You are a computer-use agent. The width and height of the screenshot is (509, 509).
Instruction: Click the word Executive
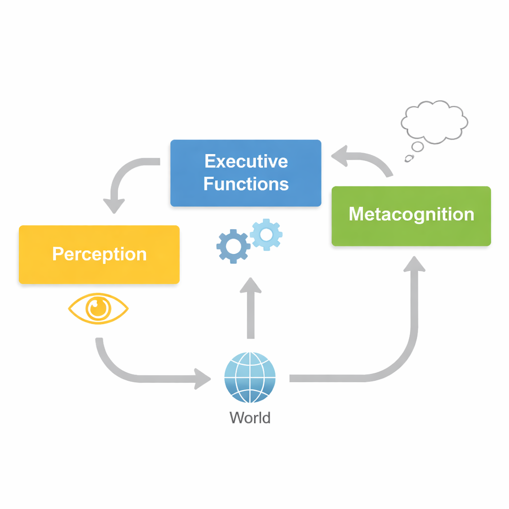(x=246, y=162)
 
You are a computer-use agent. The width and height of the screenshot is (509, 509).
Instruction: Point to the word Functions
(x=246, y=184)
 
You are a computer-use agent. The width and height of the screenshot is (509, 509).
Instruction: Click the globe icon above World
(x=250, y=377)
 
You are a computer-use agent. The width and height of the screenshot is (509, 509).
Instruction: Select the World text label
(x=250, y=418)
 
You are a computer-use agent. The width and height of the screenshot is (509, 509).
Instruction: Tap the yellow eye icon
(x=98, y=309)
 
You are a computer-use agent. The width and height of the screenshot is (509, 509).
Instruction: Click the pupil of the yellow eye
(x=98, y=308)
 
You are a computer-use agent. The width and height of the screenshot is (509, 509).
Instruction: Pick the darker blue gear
(x=233, y=246)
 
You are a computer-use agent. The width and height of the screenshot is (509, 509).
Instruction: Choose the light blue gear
(x=266, y=234)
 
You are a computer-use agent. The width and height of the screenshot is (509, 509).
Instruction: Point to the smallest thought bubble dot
(x=409, y=159)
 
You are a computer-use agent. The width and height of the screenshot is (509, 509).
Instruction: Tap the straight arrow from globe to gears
(x=251, y=308)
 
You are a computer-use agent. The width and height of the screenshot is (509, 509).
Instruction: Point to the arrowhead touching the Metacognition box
(x=414, y=264)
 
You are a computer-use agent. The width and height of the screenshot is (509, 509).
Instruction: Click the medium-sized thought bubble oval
(x=417, y=146)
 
